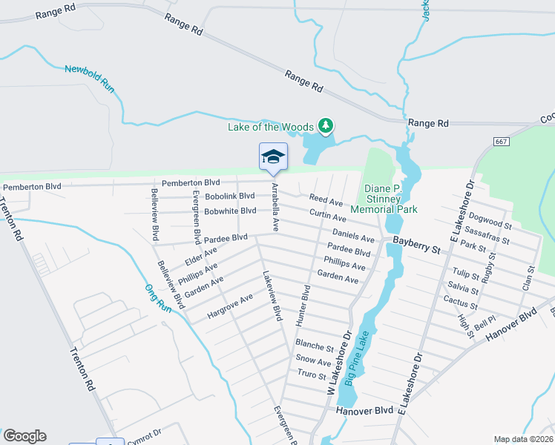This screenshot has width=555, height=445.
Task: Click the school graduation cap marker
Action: pos(273,156)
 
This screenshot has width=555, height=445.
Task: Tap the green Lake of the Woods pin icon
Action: pos(325,125)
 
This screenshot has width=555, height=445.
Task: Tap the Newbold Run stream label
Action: pos(91,79)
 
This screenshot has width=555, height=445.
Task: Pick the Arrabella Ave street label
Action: pos(275,207)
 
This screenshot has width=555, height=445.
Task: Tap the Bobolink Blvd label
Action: pos(230,196)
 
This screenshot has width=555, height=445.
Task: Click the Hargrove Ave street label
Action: pos(230,306)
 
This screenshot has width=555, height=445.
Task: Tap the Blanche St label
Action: pos(315,346)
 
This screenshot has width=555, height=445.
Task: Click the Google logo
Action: pos(24,436)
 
